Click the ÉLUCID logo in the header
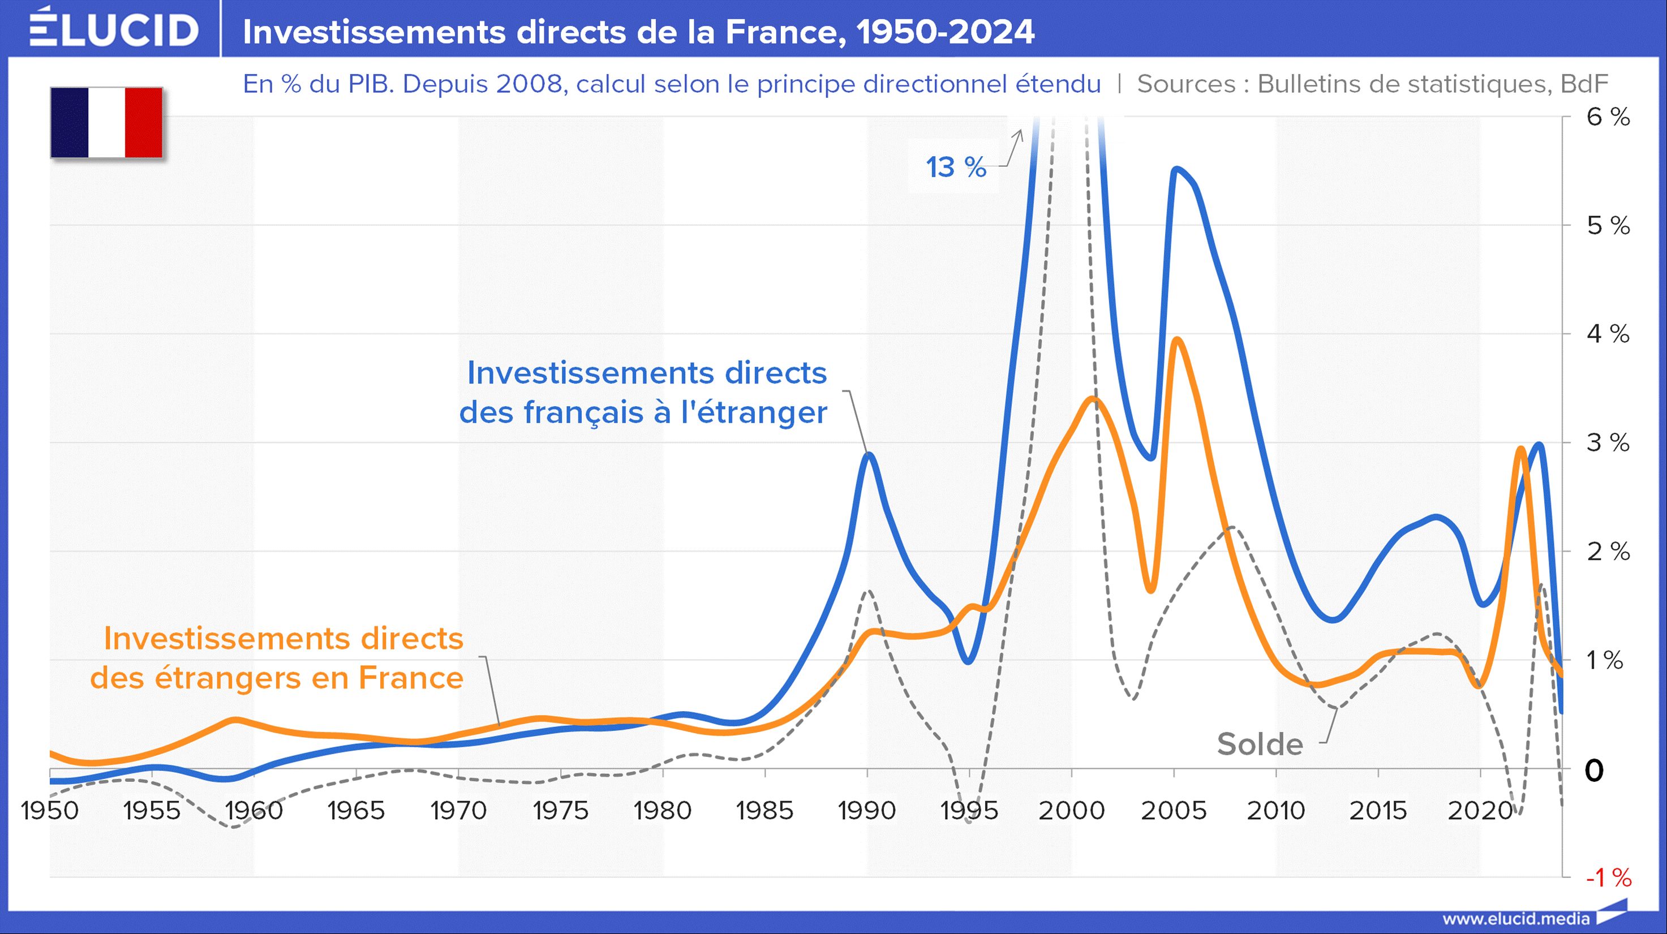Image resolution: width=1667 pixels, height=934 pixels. click(x=114, y=29)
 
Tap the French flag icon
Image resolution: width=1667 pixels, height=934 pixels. click(x=107, y=123)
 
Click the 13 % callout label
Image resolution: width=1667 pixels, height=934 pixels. click(x=956, y=167)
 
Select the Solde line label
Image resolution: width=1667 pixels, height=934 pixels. click(x=1260, y=744)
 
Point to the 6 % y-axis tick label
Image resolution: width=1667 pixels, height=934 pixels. click(x=1608, y=117)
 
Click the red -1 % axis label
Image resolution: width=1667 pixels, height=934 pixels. click(x=1608, y=878)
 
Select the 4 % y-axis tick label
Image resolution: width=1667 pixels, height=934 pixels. click(x=1608, y=334)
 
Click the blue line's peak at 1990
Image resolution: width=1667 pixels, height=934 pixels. click(x=869, y=455)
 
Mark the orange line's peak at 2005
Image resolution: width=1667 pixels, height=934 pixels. click(x=1177, y=339)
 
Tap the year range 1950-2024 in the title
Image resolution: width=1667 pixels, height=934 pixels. click(x=946, y=32)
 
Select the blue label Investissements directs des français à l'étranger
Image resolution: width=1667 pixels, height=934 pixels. click(x=645, y=393)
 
